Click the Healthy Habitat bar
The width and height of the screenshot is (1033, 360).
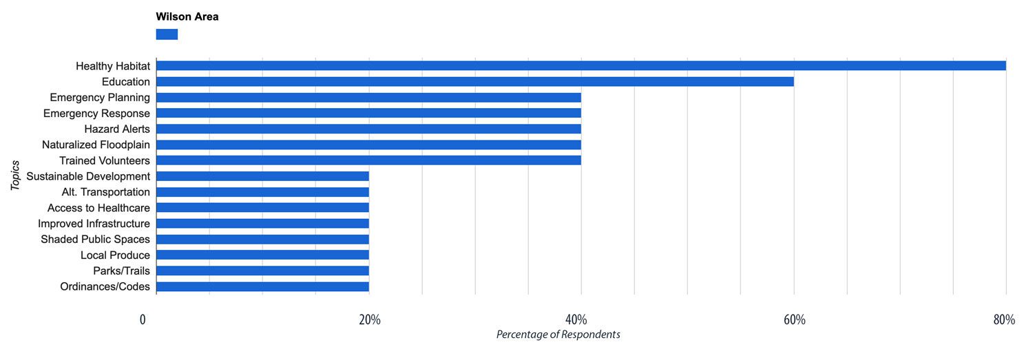point(581,66)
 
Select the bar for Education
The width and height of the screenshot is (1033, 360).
point(474,82)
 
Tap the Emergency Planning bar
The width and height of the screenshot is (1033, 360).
point(368,98)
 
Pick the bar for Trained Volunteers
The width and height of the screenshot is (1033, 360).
point(368,160)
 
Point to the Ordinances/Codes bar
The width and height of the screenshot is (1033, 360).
point(262,286)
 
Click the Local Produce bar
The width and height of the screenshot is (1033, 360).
point(262,255)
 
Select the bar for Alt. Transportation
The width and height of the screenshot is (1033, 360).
point(262,192)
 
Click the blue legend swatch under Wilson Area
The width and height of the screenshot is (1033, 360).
point(167,34)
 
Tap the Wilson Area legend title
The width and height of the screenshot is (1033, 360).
point(187,17)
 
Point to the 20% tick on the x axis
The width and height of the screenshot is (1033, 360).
point(370,320)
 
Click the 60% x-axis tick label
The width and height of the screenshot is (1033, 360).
point(794,320)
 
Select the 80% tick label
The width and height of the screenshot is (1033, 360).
point(1004,320)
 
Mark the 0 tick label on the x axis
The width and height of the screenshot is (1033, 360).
point(143,320)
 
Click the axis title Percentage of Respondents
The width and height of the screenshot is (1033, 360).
point(558,335)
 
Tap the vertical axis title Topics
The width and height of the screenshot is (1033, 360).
point(15,176)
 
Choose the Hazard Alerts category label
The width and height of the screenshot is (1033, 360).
point(117,129)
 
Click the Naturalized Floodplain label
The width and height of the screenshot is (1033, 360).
point(96,145)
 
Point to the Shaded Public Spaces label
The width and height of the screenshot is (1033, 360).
point(95,240)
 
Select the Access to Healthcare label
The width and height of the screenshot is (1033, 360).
point(98,208)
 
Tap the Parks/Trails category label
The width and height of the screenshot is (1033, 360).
point(121,271)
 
